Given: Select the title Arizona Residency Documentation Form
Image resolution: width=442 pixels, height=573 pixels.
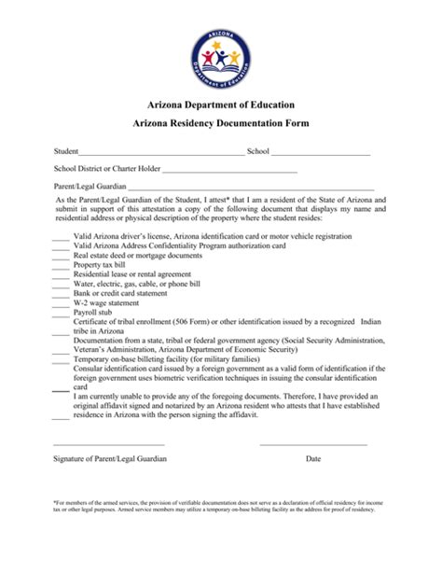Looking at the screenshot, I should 220,124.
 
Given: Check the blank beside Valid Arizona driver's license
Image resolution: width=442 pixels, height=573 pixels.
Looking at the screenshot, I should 61,239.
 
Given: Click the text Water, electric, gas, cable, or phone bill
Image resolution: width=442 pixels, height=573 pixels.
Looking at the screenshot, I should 136,284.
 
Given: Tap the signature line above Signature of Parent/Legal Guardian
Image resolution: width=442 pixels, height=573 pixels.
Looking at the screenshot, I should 109,444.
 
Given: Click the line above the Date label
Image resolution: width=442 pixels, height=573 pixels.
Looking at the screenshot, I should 312,444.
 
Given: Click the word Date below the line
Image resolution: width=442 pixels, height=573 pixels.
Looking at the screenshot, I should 312,459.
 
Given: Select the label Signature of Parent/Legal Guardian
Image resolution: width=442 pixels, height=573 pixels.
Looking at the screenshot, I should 110,459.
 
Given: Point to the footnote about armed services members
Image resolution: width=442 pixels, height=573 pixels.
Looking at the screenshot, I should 220,531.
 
